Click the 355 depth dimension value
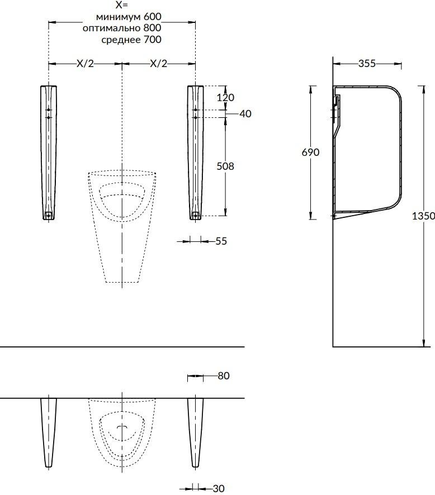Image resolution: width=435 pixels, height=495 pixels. (x=367, y=64)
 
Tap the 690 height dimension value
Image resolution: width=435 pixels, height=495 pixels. (x=310, y=152)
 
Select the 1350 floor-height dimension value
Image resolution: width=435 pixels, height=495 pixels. (x=423, y=216)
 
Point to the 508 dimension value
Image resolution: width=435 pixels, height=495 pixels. (x=225, y=166)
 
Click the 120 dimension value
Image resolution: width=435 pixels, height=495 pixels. (x=225, y=97)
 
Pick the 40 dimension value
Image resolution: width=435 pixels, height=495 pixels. (x=245, y=113)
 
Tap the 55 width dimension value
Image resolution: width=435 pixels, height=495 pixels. (x=221, y=241)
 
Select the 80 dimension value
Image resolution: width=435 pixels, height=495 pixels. (x=224, y=376)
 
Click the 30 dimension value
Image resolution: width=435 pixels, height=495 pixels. (x=218, y=489)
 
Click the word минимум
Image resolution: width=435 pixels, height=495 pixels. (x=117, y=16)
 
